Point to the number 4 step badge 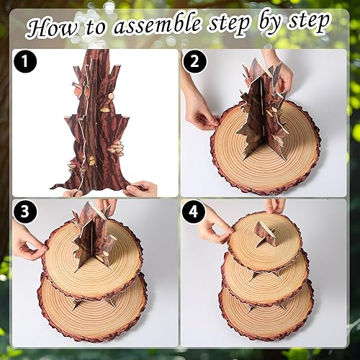coord(192,212)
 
